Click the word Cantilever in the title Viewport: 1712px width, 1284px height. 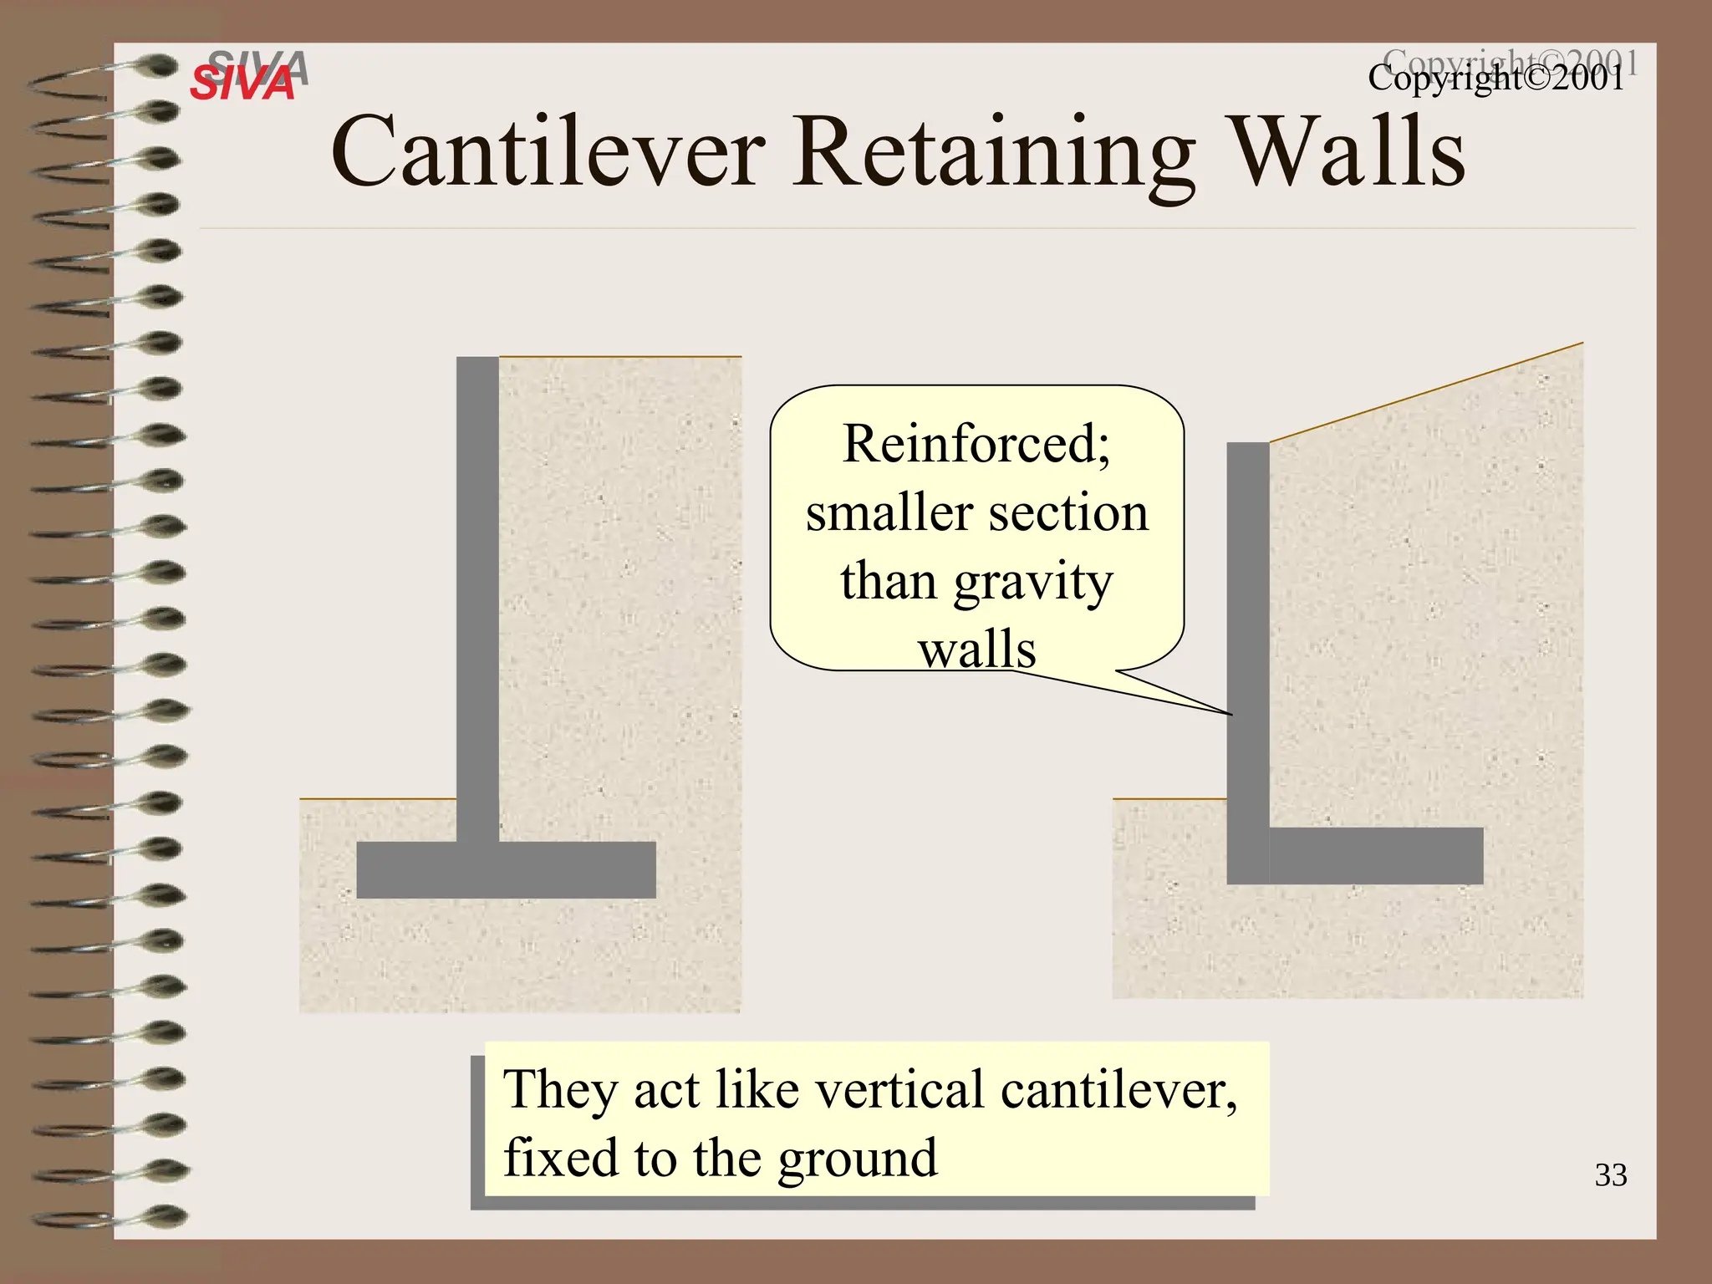click(x=548, y=152)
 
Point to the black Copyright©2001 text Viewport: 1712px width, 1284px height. click(x=1496, y=79)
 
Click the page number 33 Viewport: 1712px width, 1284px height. click(x=1610, y=1175)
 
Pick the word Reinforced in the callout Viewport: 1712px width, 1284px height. click(x=974, y=443)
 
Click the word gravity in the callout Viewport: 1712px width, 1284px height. click(x=1033, y=582)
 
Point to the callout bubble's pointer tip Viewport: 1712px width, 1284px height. click(x=1230, y=714)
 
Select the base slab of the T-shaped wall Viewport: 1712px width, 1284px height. click(x=506, y=870)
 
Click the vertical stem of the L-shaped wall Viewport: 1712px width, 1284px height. click(x=1247, y=635)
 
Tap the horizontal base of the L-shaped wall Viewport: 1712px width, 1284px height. click(x=1375, y=856)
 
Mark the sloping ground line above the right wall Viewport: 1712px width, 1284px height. click(x=1426, y=392)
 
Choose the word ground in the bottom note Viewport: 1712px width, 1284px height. click(x=858, y=1159)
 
